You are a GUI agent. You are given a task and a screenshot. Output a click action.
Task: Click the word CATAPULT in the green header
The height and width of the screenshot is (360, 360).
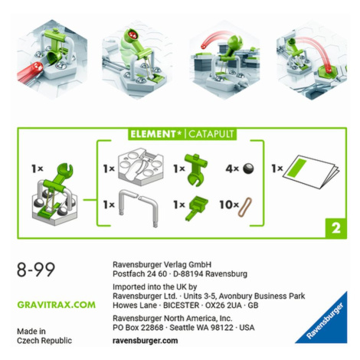tap(211, 134)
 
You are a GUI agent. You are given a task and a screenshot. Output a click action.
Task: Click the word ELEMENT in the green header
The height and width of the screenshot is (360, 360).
tap(152, 134)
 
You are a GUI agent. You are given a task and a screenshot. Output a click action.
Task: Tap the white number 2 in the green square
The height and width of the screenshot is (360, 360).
tap(335, 228)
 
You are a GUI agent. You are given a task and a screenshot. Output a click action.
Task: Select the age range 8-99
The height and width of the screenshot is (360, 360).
tap(36, 270)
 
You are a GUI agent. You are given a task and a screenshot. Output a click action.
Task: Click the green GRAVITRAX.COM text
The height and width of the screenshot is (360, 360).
tap(56, 305)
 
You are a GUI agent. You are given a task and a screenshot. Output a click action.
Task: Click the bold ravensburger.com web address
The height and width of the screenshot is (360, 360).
tap(145, 341)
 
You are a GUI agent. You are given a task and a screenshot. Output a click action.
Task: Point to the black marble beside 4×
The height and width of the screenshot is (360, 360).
tap(248, 169)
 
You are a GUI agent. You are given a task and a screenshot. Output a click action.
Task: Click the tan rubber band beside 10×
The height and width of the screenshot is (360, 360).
tap(245, 207)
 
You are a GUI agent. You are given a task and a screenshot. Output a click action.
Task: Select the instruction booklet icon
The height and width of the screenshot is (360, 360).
tap(313, 171)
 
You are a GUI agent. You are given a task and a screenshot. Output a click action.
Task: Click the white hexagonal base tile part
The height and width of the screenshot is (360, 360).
tap(141, 166)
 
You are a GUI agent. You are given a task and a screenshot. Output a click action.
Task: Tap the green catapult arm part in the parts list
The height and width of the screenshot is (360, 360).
tap(196, 169)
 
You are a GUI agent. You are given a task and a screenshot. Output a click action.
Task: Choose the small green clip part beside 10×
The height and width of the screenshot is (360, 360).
tap(197, 208)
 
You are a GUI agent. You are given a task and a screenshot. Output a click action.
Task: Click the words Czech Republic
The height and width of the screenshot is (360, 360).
tap(44, 341)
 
